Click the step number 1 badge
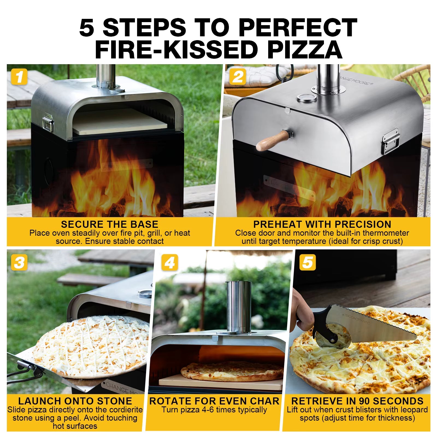19,77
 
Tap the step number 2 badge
237,77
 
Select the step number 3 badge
19,262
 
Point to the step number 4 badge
170,262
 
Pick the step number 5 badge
307,262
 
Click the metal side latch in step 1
48,122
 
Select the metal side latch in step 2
391,141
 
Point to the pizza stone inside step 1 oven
120,122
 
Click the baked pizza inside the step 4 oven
232,371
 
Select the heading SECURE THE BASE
110,224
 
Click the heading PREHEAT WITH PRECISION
322,224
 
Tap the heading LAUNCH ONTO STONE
75,401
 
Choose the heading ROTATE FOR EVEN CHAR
214,401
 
